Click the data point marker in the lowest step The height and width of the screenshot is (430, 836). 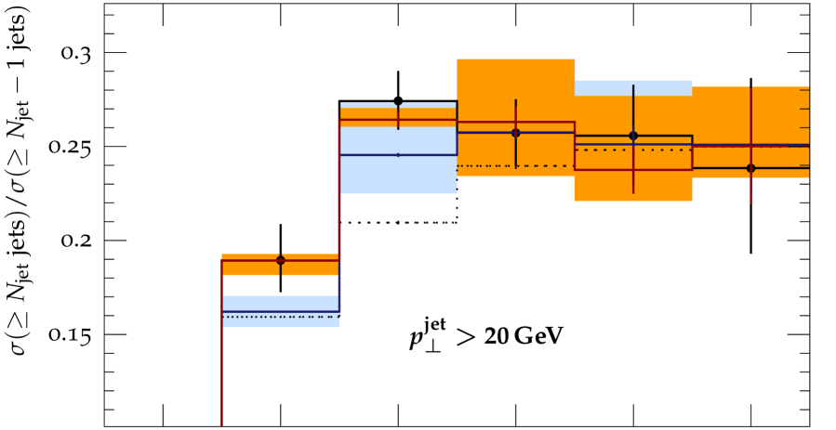(280, 260)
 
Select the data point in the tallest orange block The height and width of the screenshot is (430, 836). (515, 133)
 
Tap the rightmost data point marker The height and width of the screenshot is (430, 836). (750, 168)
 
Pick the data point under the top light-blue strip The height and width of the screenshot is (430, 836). (633, 136)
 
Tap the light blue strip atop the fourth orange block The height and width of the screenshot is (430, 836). (633, 87)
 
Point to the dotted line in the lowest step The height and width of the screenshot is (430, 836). (280, 317)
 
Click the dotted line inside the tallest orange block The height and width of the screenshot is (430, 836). (515, 166)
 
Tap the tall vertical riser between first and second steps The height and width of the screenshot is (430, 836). (339, 204)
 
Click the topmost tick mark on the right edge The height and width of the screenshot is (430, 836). (804, 89)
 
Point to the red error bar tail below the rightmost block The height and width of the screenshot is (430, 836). (750, 191)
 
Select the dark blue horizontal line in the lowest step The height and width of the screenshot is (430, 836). (280, 311)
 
